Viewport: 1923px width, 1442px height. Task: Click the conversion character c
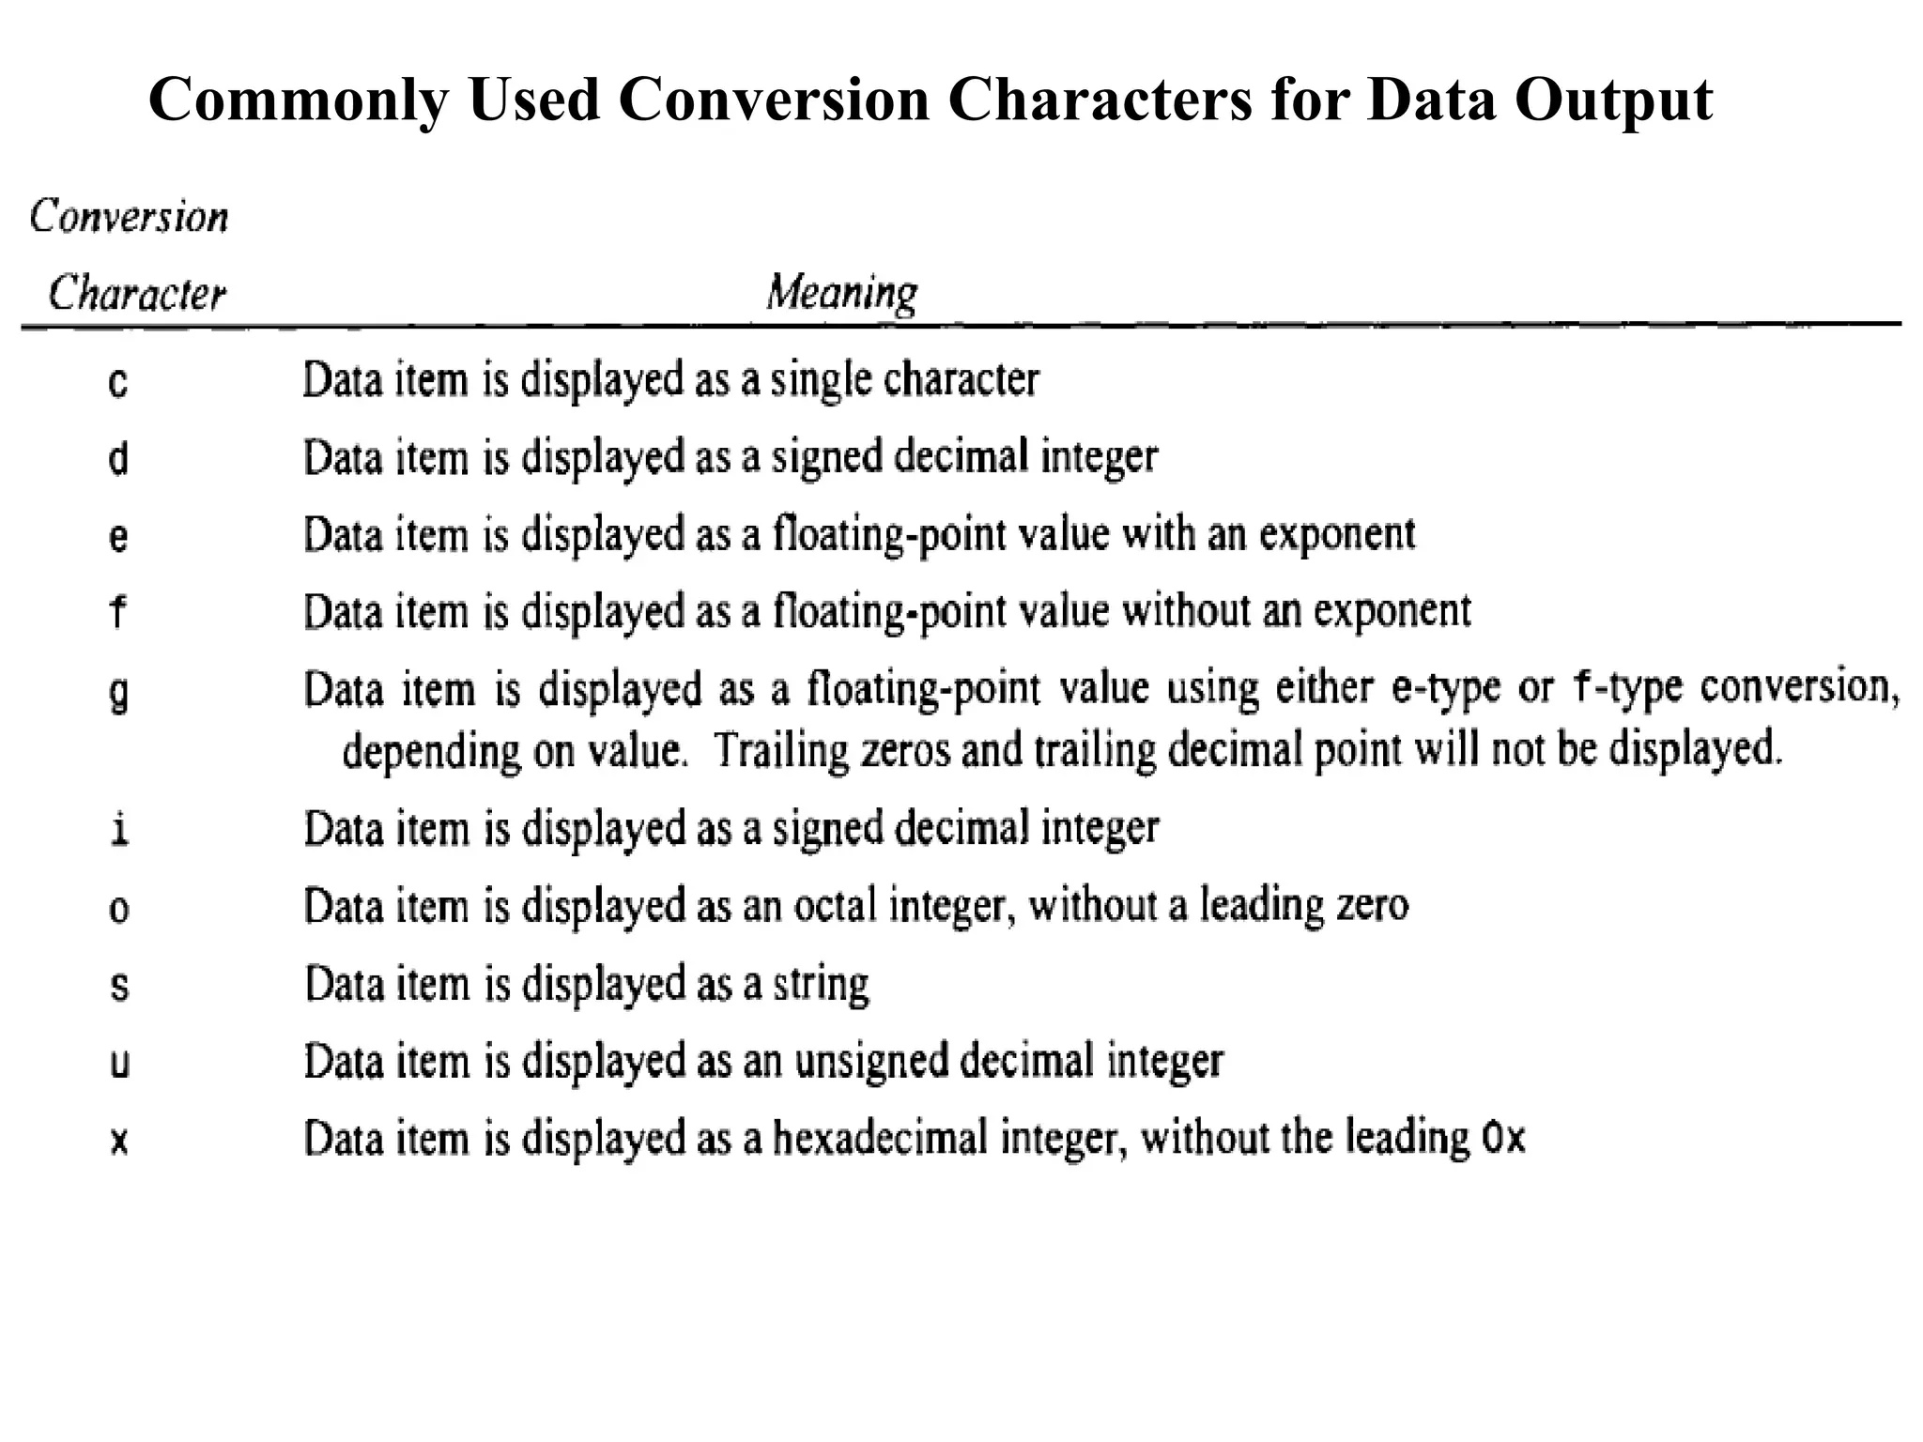117,383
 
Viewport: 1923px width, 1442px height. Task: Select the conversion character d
118,459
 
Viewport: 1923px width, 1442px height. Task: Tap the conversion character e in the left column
118,537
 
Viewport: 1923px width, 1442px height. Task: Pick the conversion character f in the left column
117,612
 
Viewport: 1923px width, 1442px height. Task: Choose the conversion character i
118,830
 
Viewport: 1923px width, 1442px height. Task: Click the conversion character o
118,909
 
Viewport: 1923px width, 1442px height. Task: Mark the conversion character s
118,987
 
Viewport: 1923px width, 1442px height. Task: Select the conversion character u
119,1064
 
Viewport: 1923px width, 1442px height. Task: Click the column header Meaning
841,293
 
